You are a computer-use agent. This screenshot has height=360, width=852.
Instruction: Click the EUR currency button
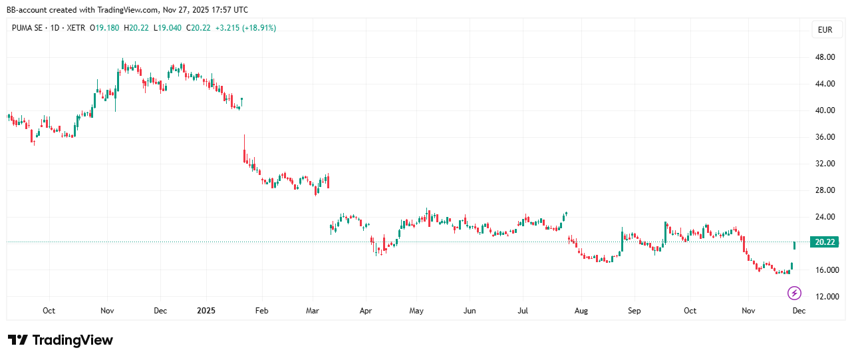click(x=825, y=29)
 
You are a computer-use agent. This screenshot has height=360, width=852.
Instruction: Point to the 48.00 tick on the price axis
click(x=825, y=57)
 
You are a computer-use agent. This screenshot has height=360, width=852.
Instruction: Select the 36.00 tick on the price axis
click(x=825, y=137)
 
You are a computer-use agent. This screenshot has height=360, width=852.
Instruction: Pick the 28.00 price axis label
click(x=825, y=190)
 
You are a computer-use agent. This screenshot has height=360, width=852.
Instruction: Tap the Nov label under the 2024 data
click(x=108, y=311)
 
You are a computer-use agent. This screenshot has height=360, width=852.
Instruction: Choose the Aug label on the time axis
click(x=581, y=311)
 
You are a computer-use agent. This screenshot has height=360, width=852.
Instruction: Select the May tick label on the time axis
click(x=416, y=311)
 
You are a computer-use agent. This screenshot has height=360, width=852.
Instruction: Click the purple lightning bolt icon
click(x=794, y=293)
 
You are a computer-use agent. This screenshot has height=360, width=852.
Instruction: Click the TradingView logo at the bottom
click(x=61, y=340)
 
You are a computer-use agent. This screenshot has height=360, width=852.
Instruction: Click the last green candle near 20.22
click(x=795, y=246)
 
